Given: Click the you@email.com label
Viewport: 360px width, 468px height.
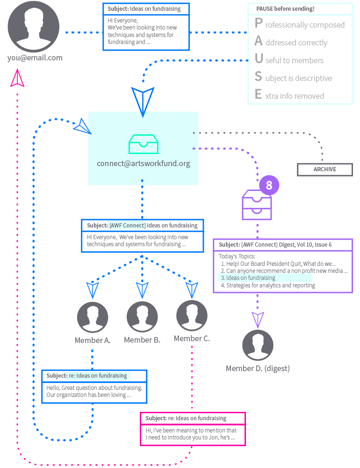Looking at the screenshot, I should tap(35, 58).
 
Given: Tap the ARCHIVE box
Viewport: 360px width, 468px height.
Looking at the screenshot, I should tap(325, 169).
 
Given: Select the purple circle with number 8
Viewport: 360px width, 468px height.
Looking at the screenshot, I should tap(269, 185).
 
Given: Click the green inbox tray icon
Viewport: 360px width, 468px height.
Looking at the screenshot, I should tap(143, 144).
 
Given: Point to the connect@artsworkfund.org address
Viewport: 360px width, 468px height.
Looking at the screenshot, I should tap(143, 164).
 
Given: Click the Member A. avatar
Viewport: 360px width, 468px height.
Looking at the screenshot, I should tap(93, 317).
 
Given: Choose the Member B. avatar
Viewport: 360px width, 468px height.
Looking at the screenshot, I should tap(142, 317).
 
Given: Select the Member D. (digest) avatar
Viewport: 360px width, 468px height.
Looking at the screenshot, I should tap(258, 345).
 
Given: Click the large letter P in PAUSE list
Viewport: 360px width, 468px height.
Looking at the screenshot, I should tap(259, 23).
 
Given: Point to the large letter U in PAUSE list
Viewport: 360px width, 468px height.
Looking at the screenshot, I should tap(259, 59).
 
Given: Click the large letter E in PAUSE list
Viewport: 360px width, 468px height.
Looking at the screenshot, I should tap(259, 95).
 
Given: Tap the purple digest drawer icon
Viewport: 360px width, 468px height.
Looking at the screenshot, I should tap(257, 205).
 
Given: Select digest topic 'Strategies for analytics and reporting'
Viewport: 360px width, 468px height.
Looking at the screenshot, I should tap(270, 285).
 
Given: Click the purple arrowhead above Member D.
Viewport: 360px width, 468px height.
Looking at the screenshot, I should tap(258, 320).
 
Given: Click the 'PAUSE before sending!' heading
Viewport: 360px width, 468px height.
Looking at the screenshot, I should tap(285, 9).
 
